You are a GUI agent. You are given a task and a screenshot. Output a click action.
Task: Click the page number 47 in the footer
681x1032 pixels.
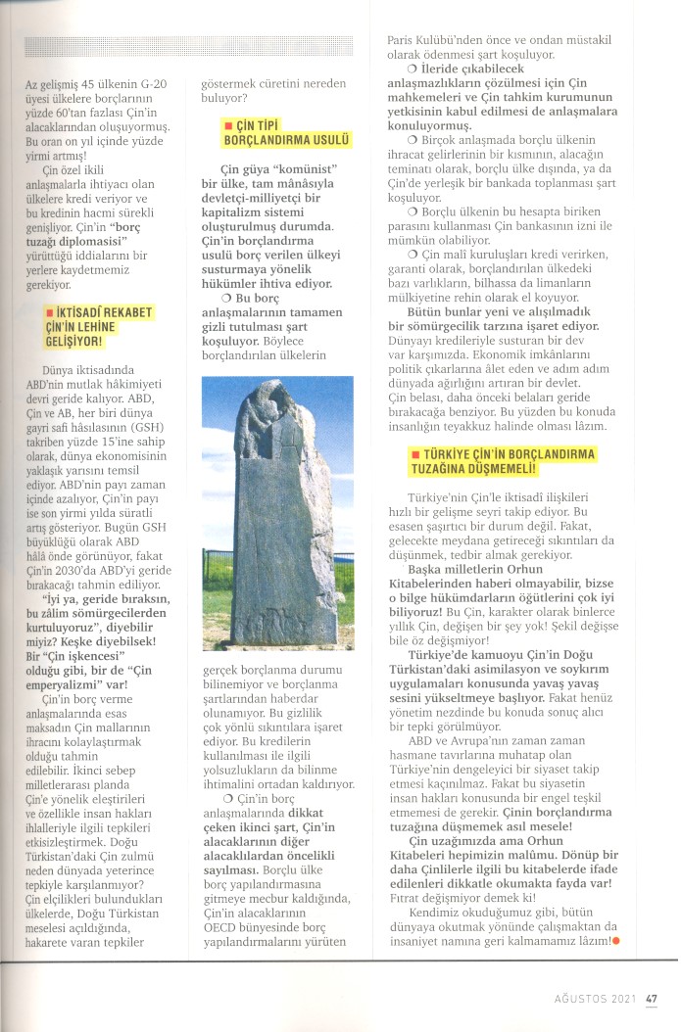pyautogui.click(x=651, y=999)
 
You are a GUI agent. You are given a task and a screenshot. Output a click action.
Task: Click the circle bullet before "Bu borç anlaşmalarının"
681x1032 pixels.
pyautogui.click(x=226, y=298)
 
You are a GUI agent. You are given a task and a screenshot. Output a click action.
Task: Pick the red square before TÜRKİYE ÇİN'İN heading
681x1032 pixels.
pyautogui.click(x=415, y=455)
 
